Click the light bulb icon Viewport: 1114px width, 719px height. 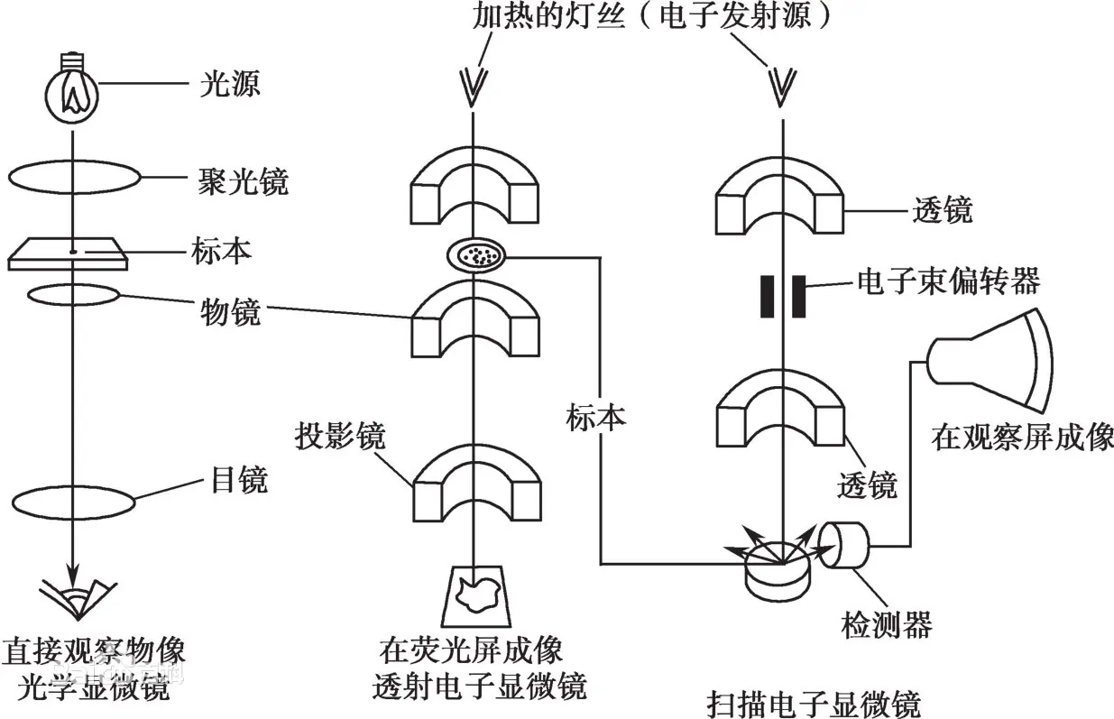[71, 93]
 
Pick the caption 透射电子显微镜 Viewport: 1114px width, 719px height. [480, 687]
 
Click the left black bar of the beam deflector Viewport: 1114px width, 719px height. [767, 297]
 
